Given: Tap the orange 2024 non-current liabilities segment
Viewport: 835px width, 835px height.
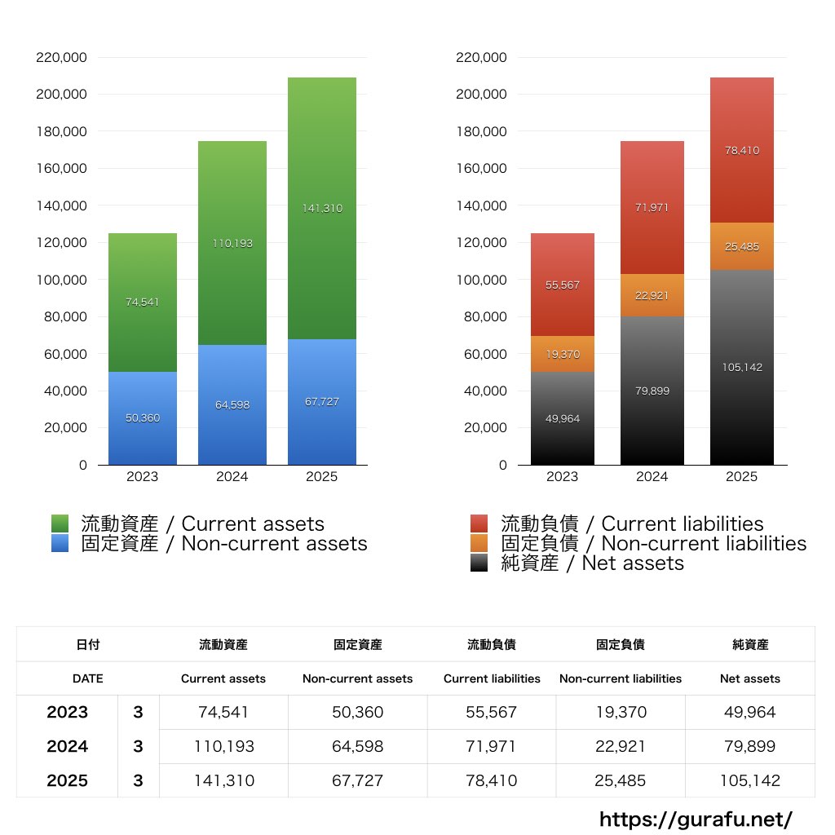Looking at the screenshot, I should (652, 295).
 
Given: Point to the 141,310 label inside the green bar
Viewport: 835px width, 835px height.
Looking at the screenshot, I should (321, 208).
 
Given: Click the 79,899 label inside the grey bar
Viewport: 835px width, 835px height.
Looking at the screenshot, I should (652, 391).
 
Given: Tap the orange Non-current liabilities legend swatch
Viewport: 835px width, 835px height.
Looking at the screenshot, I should (479, 543).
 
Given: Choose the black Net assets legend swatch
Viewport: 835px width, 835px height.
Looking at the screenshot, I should (479, 563).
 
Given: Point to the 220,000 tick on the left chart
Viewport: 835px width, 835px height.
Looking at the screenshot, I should (62, 57).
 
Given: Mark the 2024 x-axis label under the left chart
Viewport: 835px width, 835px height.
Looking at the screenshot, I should (232, 477).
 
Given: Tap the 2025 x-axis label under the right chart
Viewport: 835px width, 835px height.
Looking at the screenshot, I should (741, 477).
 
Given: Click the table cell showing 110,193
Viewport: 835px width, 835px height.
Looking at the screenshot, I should (223, 746).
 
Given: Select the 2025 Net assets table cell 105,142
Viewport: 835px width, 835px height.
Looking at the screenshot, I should (750, 780).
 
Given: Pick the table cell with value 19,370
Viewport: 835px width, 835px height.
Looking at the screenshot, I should (621, 712).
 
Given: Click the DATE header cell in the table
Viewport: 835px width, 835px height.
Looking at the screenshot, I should (88, 678).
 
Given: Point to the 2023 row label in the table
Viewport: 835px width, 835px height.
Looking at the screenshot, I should (68, 712).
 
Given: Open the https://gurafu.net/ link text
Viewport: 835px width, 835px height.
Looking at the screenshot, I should (696, 819).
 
